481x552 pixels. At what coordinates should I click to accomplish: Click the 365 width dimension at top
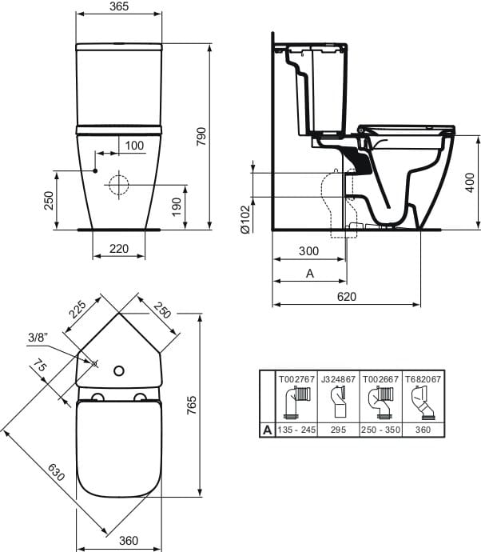[118, 8]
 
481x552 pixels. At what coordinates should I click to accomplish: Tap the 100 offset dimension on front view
[134, 145]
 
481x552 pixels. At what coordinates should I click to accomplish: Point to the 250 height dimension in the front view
[48, 200]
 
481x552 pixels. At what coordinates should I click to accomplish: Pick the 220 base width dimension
[118, 249]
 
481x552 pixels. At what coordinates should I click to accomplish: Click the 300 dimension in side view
[308, 251]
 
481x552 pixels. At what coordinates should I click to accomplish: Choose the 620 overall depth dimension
[346, 296]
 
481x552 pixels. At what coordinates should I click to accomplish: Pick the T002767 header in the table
[296, 378]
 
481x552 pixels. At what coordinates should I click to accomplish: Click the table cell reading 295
[337, 430]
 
